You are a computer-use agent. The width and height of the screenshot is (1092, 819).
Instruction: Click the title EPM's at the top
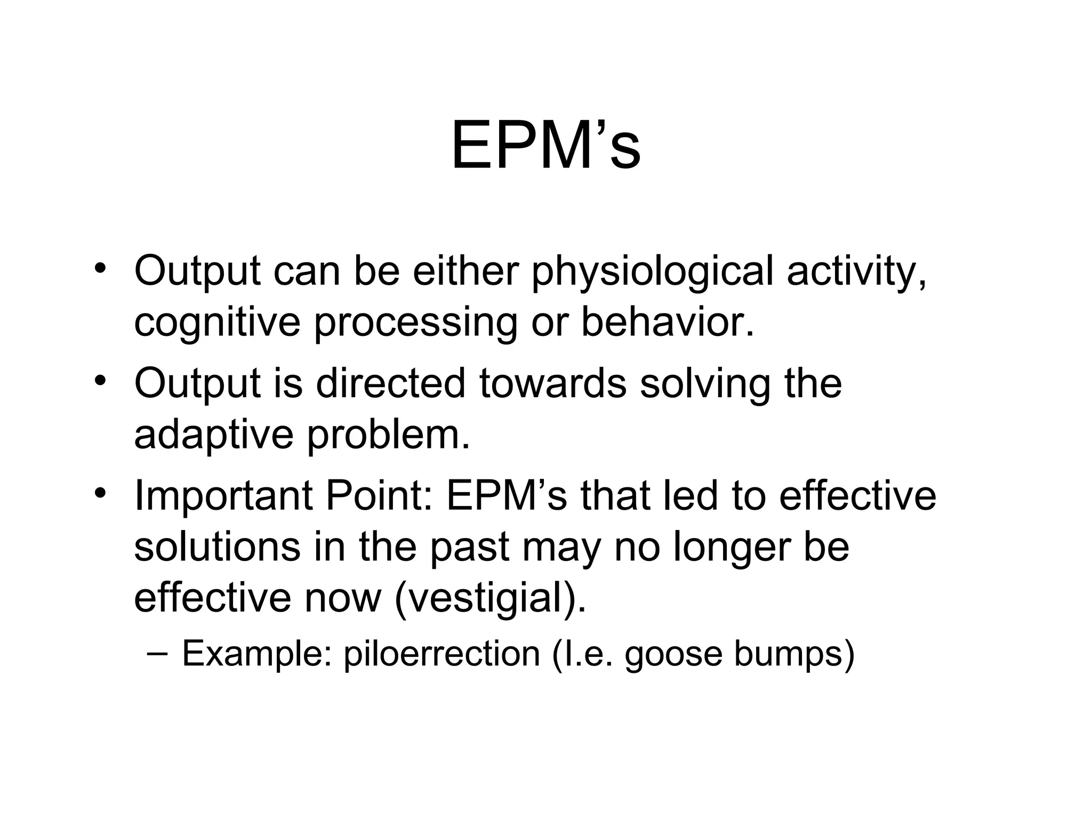545,146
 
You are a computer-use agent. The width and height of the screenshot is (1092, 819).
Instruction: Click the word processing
415,324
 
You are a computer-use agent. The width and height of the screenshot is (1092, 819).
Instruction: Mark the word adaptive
213,435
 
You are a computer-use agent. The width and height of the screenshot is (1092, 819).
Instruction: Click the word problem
388,435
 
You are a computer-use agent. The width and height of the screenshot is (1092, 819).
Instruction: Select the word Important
223,496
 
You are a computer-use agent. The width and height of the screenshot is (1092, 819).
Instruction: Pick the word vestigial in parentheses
486,599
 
